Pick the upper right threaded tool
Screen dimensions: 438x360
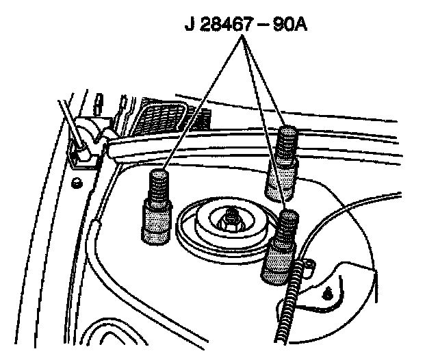click(283, 161)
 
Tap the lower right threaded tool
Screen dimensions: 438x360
click(280, 250)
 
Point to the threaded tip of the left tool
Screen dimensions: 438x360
click(157, 183)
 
